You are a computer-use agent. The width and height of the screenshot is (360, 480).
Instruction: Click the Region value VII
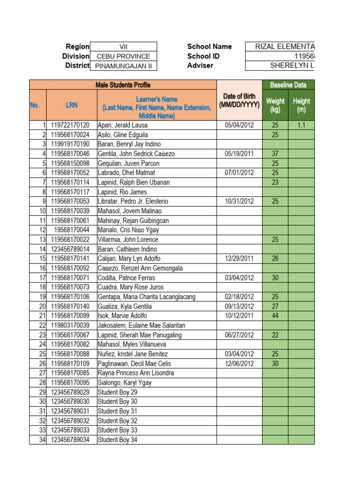point(123,46)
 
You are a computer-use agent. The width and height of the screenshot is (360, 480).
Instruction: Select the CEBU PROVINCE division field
point(123,56)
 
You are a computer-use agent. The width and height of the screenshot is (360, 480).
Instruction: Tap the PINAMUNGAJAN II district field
point(123,66)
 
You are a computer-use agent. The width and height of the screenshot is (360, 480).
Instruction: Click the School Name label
point(209,46)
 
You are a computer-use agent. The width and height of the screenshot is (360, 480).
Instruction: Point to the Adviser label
point(200,66)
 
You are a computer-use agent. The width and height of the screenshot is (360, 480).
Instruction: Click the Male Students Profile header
point(123,85)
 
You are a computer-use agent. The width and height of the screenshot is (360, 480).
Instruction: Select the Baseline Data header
point(288,85)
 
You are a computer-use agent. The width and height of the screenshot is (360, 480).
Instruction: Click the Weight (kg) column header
point(275,105)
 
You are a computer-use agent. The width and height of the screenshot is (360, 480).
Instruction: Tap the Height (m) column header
point(301,105)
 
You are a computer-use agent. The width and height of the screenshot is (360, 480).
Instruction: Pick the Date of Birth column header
point(239,100)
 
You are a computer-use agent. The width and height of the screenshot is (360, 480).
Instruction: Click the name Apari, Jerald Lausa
point(122,125)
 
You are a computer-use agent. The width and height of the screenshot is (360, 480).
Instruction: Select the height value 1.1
point(301,125)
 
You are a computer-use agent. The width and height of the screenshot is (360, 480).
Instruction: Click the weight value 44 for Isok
point(275,316)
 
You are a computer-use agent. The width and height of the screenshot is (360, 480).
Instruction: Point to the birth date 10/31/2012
point(239,202)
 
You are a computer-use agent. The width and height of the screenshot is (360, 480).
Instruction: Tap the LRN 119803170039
point(70,325)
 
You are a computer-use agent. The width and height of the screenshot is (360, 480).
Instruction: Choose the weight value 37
point(275,154)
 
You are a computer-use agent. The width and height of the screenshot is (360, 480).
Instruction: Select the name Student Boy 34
point(117,440)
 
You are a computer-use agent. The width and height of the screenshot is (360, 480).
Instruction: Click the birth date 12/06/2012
point(239,364)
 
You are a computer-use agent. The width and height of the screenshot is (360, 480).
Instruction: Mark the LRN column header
point(71,105)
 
